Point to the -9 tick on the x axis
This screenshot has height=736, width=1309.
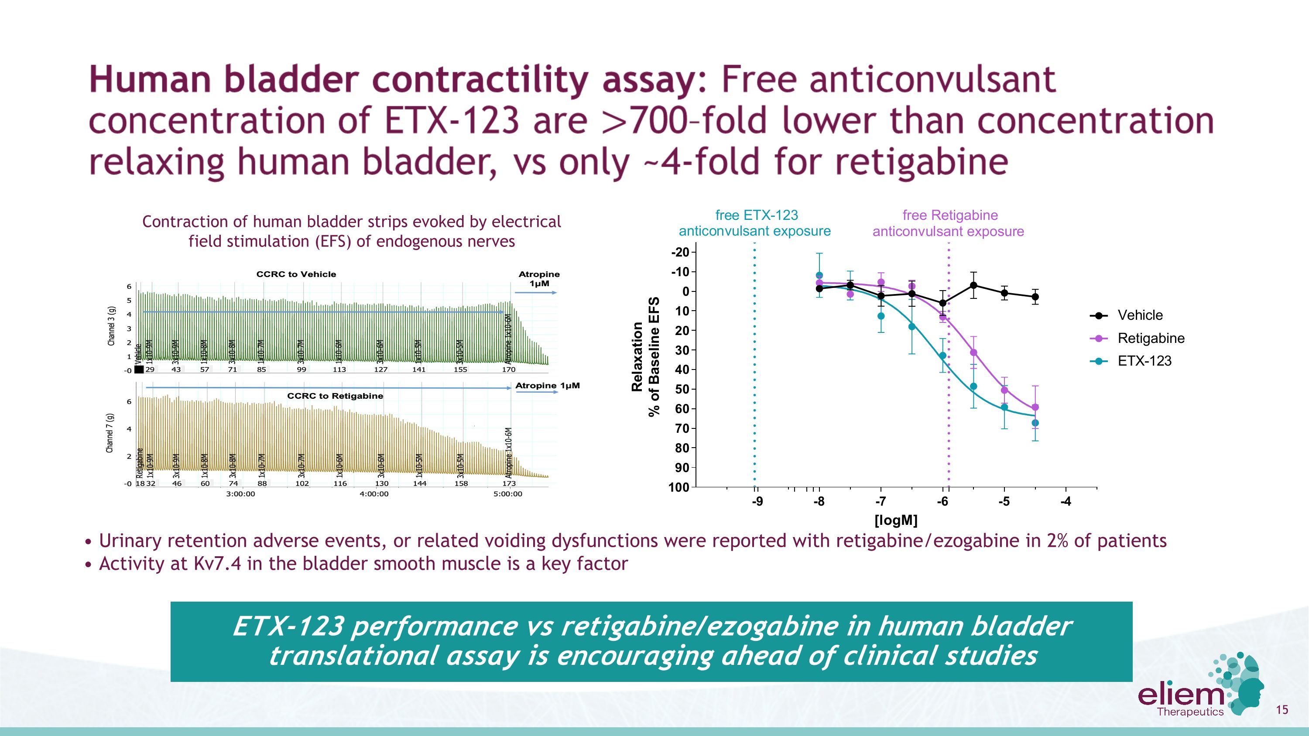click(757, 502)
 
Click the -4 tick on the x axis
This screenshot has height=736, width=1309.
click(1066, 502)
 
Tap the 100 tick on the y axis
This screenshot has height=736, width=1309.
click(679, 488)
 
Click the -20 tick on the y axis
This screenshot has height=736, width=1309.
click(680, 253)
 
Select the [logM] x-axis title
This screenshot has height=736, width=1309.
click(895, 520)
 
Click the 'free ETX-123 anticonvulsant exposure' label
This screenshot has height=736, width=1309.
click(755, 223)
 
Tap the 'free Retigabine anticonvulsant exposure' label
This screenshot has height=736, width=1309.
click(948, 223)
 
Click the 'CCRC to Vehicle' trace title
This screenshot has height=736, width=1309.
click(296, 274)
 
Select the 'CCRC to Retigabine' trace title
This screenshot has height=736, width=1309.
click(335, 396)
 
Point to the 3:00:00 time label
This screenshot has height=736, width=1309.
click(240, 494)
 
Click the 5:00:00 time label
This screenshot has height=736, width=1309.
click(507, 494)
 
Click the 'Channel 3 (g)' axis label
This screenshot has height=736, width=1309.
click(111, 326)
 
